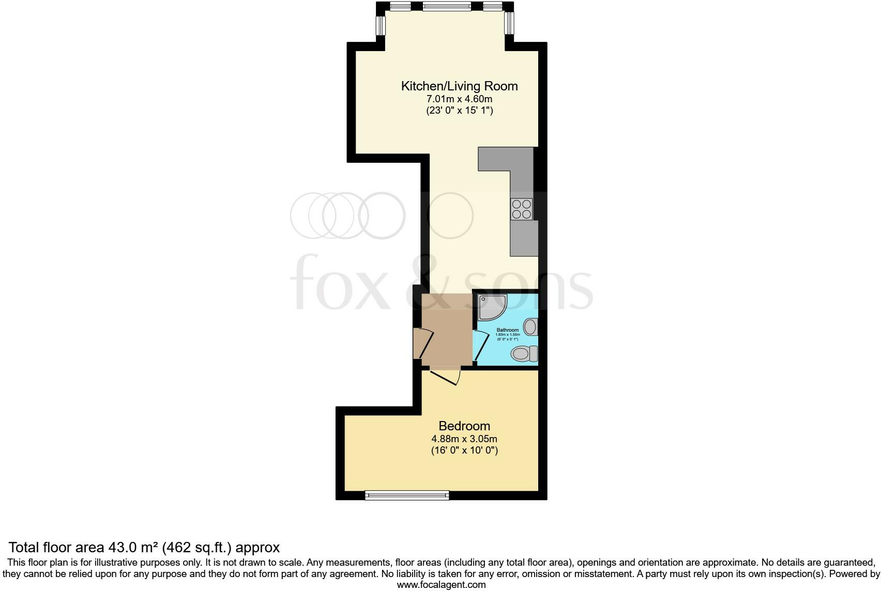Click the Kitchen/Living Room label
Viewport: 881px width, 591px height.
pyautogui.click(x=459, y=86)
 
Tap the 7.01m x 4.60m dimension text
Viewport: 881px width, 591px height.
pyautogui.click(x=459, y=99)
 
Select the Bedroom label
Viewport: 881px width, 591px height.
pyautogui.click(x=464, y=426)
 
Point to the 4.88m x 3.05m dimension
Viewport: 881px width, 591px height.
pyautogui.click(x=464, y=439)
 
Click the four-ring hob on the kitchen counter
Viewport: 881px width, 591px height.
pyautogui.click(x=522, y=209)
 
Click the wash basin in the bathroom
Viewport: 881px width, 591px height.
pyautogui.click(x=530, y=326)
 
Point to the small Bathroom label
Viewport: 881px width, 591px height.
pyautogui.click(x=507, y=330)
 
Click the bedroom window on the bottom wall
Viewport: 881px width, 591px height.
pyautogui.click(x=407, y=495)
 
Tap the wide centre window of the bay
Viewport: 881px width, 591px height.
pyautogui.click(x=447, y=6)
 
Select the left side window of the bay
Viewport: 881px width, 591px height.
pyautogui.click(x=381, y=24)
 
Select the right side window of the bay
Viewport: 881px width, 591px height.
pyautogui.click(x=509, y=23)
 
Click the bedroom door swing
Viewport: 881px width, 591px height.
pyautogui.click(x=445, y=377)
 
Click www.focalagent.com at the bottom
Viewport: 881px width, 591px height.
pyautogui.click(x=441, y=585)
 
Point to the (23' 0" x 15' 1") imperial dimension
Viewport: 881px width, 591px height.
pyautogui.click(x=459, y=110)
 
